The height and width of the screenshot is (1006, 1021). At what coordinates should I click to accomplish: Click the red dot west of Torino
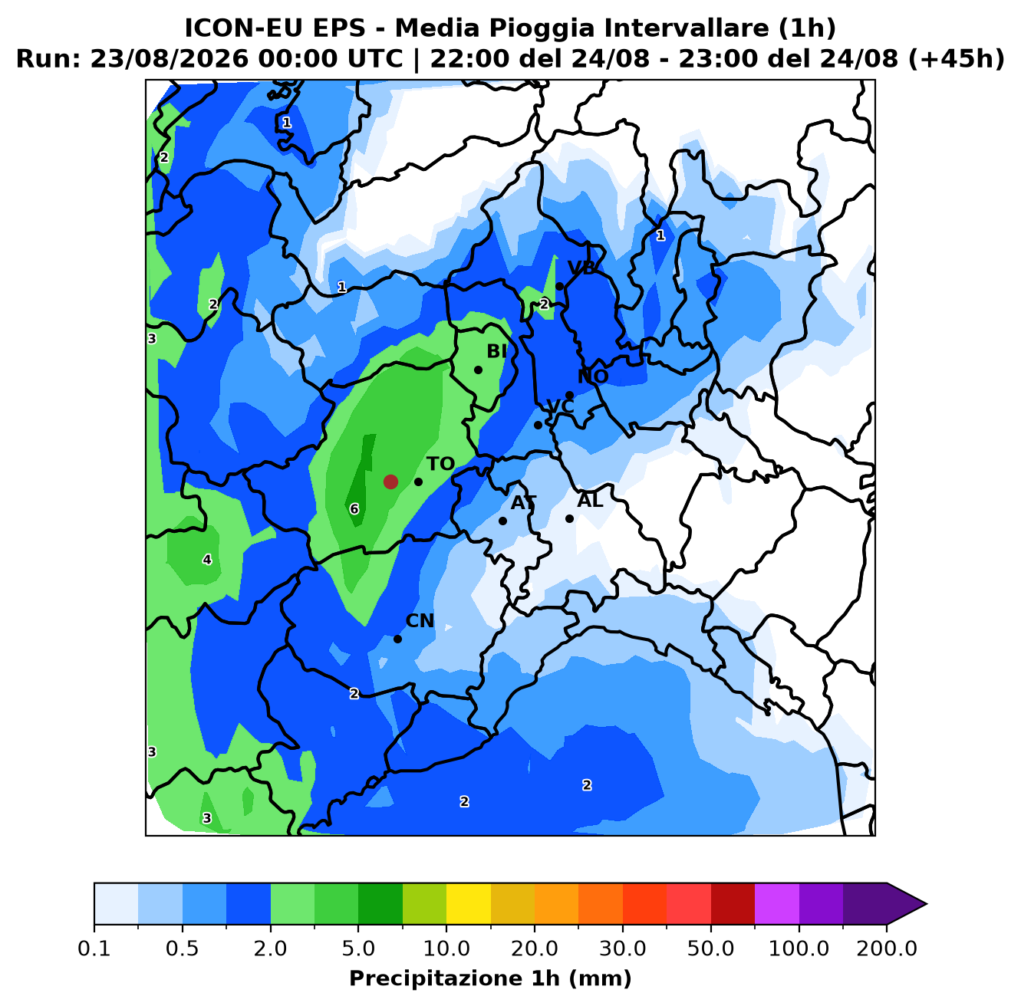point(390,482)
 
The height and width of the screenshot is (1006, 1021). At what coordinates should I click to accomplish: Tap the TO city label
point(440,464)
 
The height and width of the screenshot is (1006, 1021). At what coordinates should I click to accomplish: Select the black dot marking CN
point(397,639)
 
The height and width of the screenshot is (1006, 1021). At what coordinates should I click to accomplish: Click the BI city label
point(496,350)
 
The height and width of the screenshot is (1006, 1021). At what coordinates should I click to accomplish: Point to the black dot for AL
point(569,518)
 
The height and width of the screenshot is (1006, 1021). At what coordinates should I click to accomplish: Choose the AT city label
point(523,502)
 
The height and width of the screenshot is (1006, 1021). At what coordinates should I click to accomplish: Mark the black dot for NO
point(569,395)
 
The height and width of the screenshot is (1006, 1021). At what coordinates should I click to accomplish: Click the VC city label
point(560,406)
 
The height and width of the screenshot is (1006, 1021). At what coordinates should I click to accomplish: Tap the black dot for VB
point(559,287)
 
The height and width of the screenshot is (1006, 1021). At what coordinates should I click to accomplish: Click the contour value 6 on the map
point(354,509)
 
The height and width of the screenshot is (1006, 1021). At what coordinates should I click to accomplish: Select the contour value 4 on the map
point(207,560)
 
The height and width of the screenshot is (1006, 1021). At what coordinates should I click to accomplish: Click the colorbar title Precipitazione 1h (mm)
point(490,978)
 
